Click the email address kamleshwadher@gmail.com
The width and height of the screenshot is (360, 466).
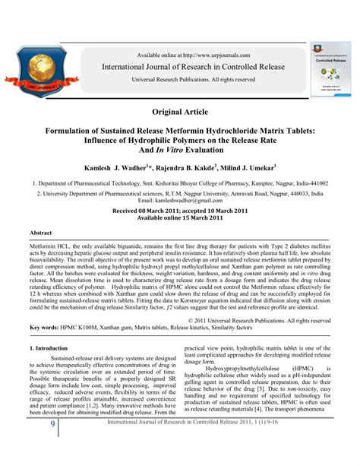click(180, 199)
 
